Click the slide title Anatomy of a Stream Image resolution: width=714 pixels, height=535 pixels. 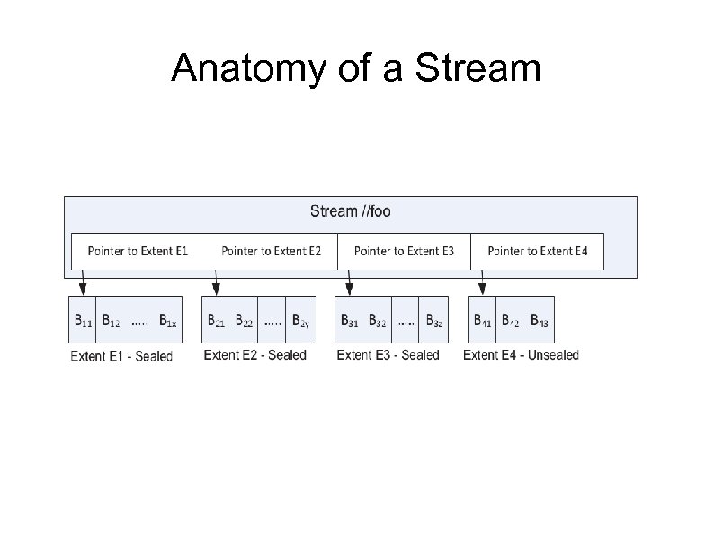click(x=356, y=67)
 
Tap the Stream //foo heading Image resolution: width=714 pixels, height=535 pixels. click(x=350, y=211)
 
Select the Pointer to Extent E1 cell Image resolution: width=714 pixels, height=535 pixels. click(x=138, y=251)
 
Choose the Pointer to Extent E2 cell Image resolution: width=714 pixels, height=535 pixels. click(x=271, y=251)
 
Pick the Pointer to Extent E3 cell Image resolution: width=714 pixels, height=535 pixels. click(x=404, y=251)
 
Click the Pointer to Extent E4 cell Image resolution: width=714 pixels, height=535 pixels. click(x=537, y=251)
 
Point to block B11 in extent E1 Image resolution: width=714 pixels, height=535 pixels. click(x=82, y=319)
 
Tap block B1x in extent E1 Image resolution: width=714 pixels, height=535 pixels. click(x=167, y=319)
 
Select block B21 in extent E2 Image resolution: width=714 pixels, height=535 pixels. click(x=216, y=319)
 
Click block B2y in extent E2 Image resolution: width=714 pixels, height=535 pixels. click(x=301, y=319)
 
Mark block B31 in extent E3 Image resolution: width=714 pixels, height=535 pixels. click(x=350, y=319)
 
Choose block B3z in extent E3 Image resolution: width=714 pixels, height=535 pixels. click(x=434, y=319)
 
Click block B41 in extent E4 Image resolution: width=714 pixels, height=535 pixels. click(x=483, y=319)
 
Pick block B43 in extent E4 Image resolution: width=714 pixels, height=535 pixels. click(x=540, y=319)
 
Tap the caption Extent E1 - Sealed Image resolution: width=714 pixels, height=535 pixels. click(x=121, y=356)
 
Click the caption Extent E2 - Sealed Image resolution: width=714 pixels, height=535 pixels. click(x=254, y=355)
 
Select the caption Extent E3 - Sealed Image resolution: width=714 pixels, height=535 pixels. click(x=388, y=355)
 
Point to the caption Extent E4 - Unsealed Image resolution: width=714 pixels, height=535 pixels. click(x=521, y=355)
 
